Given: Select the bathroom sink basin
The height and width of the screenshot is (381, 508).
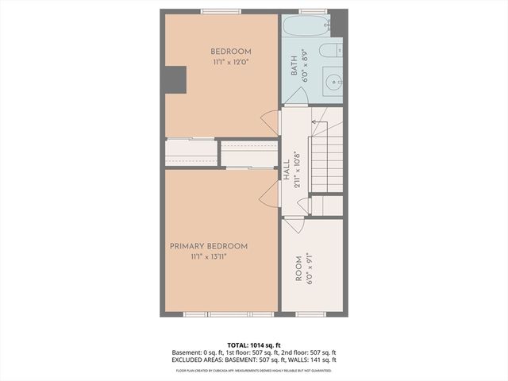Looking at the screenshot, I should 333,81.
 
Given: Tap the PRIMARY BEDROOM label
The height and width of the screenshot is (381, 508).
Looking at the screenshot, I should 209,246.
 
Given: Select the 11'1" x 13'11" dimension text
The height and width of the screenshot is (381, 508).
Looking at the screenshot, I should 209,257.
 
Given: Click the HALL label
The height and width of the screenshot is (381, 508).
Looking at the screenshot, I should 287,172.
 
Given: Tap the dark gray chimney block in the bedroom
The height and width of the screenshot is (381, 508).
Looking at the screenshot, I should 175,79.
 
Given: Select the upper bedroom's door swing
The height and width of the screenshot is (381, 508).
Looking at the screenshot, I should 271,122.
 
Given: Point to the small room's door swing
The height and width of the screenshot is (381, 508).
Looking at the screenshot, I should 294,223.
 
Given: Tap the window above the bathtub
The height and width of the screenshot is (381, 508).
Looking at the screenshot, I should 313,10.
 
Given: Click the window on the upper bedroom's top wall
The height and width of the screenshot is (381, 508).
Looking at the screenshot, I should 221,11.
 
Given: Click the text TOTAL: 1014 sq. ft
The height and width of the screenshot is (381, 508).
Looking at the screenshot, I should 254,344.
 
